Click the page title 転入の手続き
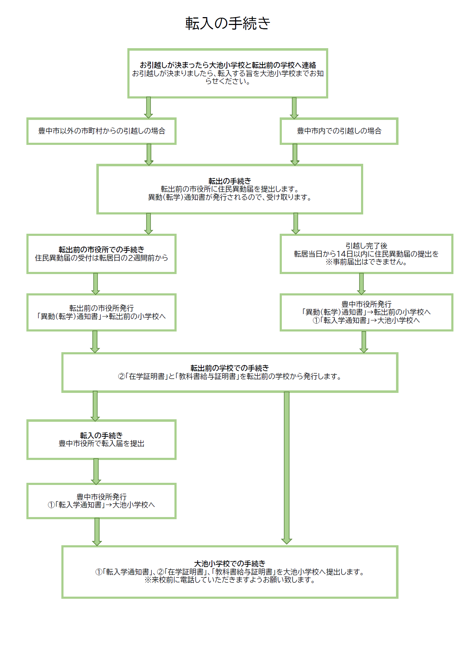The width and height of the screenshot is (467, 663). (x=228, y=24)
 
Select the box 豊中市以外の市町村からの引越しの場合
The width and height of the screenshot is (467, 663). (x=102, y=131)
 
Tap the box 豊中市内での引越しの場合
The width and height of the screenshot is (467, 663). (x=339, y=131)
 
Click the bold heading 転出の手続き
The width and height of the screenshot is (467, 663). (x=229, y=181)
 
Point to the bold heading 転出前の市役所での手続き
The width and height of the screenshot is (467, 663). (x=101, y=249)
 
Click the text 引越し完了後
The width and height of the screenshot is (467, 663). (x=366, y=246)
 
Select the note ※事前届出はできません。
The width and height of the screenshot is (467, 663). (x=366, y=262)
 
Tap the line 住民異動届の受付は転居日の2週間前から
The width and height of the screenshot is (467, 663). (x=101, y=258)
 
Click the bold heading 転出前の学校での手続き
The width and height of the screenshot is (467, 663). (x=229, y=368)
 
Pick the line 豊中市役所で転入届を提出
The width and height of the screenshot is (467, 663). (x=101, y=444)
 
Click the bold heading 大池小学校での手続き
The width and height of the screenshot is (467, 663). (x=229, y=563)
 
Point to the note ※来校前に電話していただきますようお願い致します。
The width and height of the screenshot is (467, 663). (x=229, y=580)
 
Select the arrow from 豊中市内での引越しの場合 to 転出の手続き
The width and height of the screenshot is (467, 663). (x=295, y=155)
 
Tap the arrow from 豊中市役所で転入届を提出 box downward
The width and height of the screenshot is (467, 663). (x=96, y=471)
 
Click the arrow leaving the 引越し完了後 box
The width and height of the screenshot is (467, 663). (x=361, y=284)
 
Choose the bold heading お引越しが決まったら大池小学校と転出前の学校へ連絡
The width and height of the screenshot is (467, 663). (x=228, y=65)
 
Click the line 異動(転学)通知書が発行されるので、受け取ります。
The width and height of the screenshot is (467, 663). (x=229, y=197)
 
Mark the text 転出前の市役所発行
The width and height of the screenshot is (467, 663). (x=101, y=308)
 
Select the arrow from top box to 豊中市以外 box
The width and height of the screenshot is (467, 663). (x=148, y=107)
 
